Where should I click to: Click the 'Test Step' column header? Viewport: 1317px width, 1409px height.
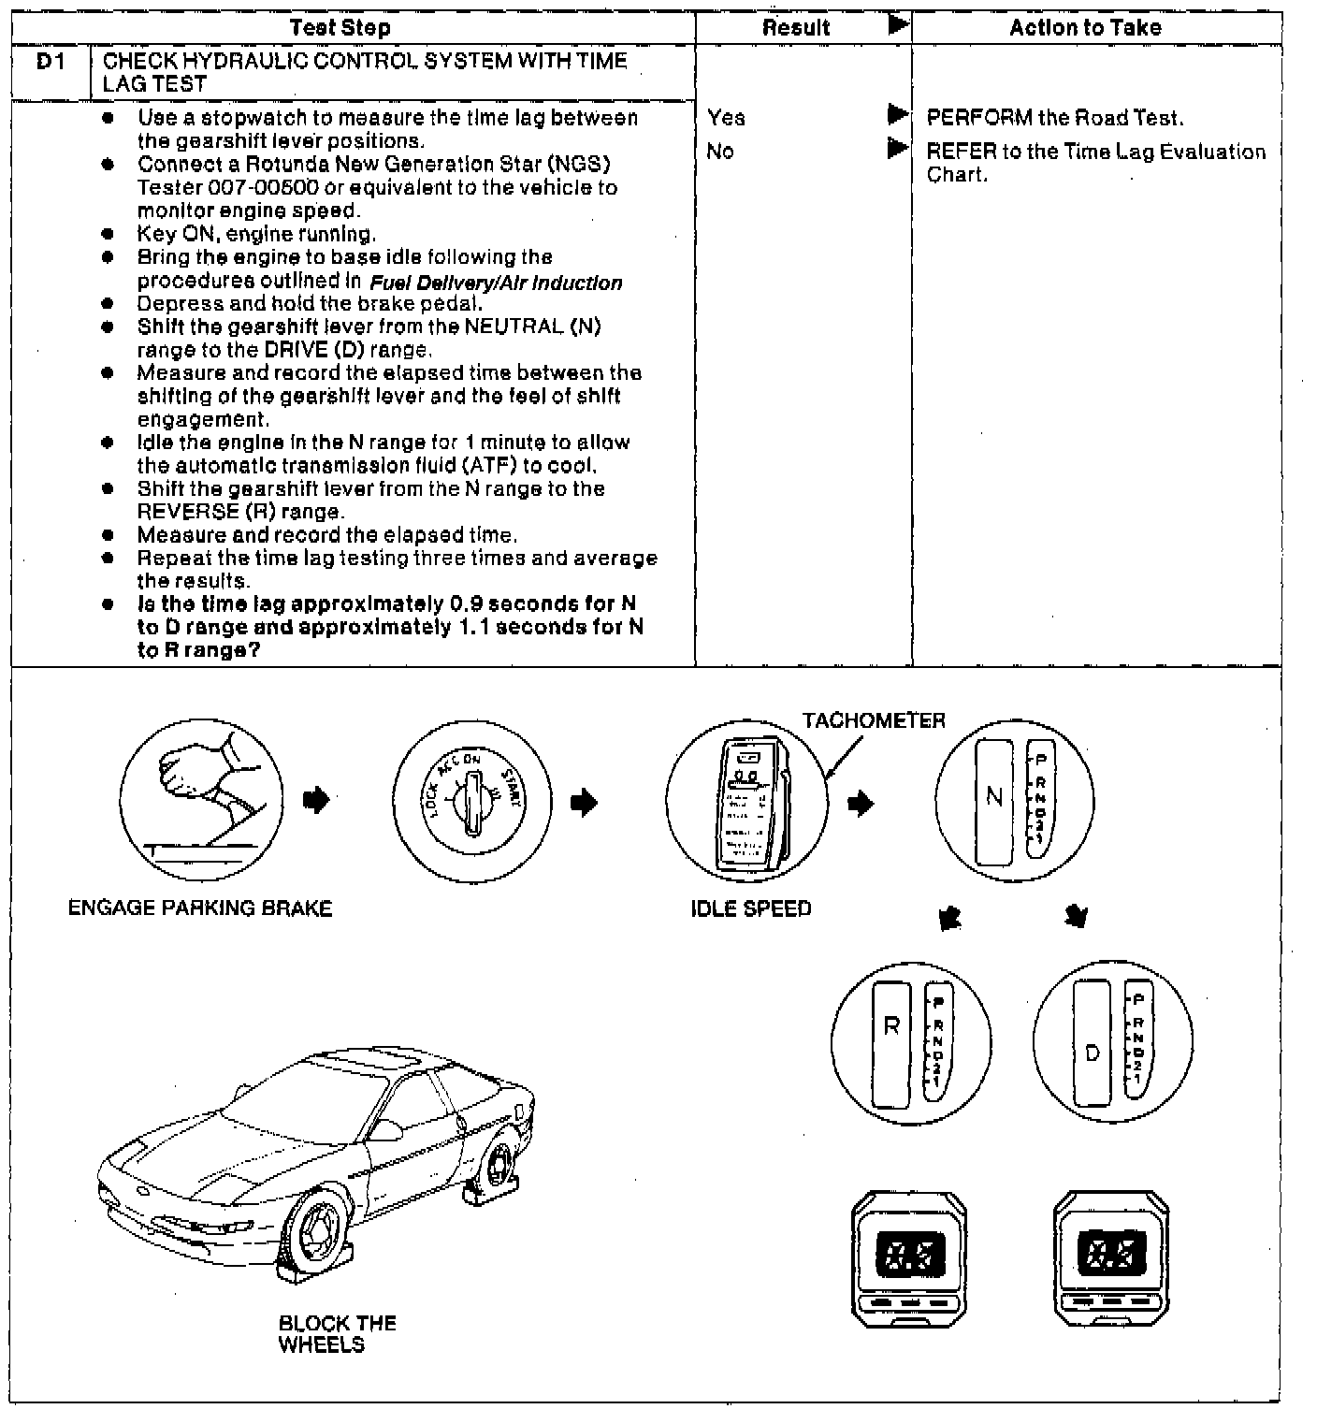pyautogui.click(x=340, y=28)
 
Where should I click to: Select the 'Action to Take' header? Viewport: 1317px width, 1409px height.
pyautogui.click(x=1085, y=28)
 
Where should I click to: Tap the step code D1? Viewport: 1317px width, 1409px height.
pyautogui.click(x=49, y=62)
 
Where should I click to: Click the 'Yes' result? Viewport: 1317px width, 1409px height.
pyautogui.click(x=727, y=118)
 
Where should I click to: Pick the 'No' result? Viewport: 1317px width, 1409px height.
pyautogui.click(x=720, y=152)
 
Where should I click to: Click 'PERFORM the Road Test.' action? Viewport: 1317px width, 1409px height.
pyautogui.click(x=1055, y=118)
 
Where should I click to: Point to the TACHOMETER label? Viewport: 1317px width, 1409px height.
pyautogui.click(x=874, y=720)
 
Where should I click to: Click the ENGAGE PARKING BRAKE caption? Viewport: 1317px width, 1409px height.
pyautogui.click(x=200, y=908)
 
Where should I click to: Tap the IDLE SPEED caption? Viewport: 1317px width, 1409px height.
pyautogui.click(x=751, y=908)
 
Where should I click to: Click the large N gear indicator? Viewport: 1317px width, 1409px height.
pyautogui.click(x=993, y=796)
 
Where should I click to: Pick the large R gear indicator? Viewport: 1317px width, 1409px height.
pyautogui.click(x=891, y=1026)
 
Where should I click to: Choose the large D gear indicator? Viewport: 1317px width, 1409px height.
pyautogui.click(x=1092, y=1053)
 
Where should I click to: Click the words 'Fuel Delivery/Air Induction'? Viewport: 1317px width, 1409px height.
pyautogui.click(x=496, y=283)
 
